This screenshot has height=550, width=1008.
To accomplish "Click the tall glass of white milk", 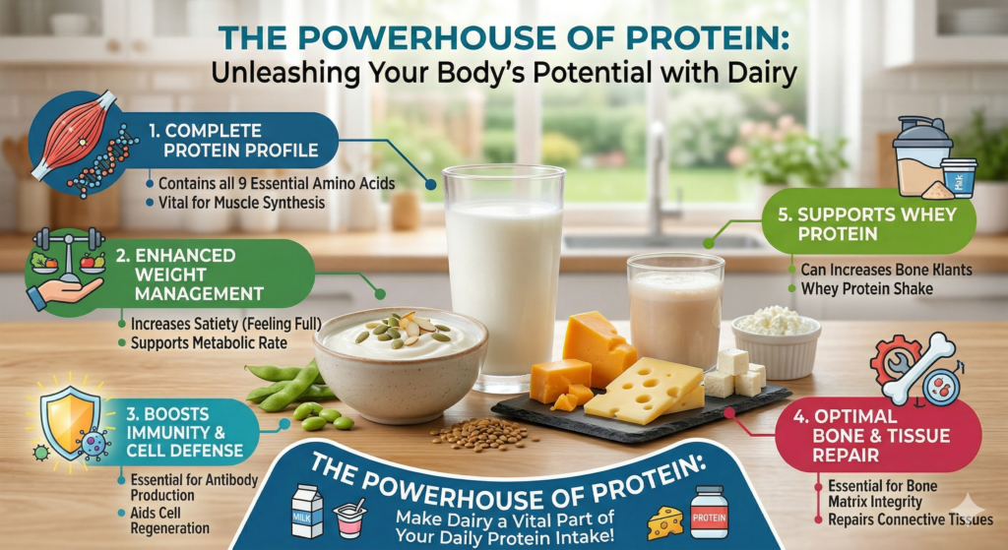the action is point(504,277).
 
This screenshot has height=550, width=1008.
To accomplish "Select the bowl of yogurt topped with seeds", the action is point(400,363).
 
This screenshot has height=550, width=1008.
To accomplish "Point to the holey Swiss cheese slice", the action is point(643,390).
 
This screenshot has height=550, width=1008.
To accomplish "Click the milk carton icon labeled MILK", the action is point(307,511).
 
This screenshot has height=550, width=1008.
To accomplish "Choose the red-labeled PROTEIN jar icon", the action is point(709,512).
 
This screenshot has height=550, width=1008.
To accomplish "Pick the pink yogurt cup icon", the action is point(349,518).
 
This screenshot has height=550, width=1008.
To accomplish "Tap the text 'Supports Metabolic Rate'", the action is point(209,343).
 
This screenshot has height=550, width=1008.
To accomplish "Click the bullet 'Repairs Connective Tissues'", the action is point(911,519).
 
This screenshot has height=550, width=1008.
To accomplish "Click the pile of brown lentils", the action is point(483,434).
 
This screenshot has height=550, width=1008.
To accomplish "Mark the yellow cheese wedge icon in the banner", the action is point(665,523).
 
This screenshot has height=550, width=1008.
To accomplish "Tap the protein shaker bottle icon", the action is point(924,156).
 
